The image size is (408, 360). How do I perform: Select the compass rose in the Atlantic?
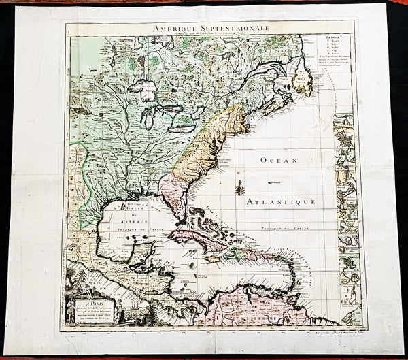coord(239,187)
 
